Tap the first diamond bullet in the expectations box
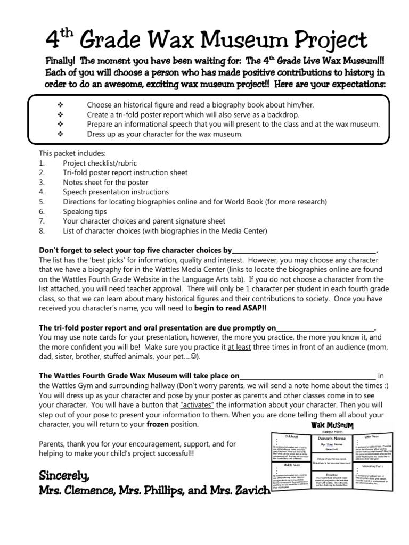tap(60, 105)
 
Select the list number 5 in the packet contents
tap(42, 202)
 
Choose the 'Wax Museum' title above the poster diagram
tap(332, 425)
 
